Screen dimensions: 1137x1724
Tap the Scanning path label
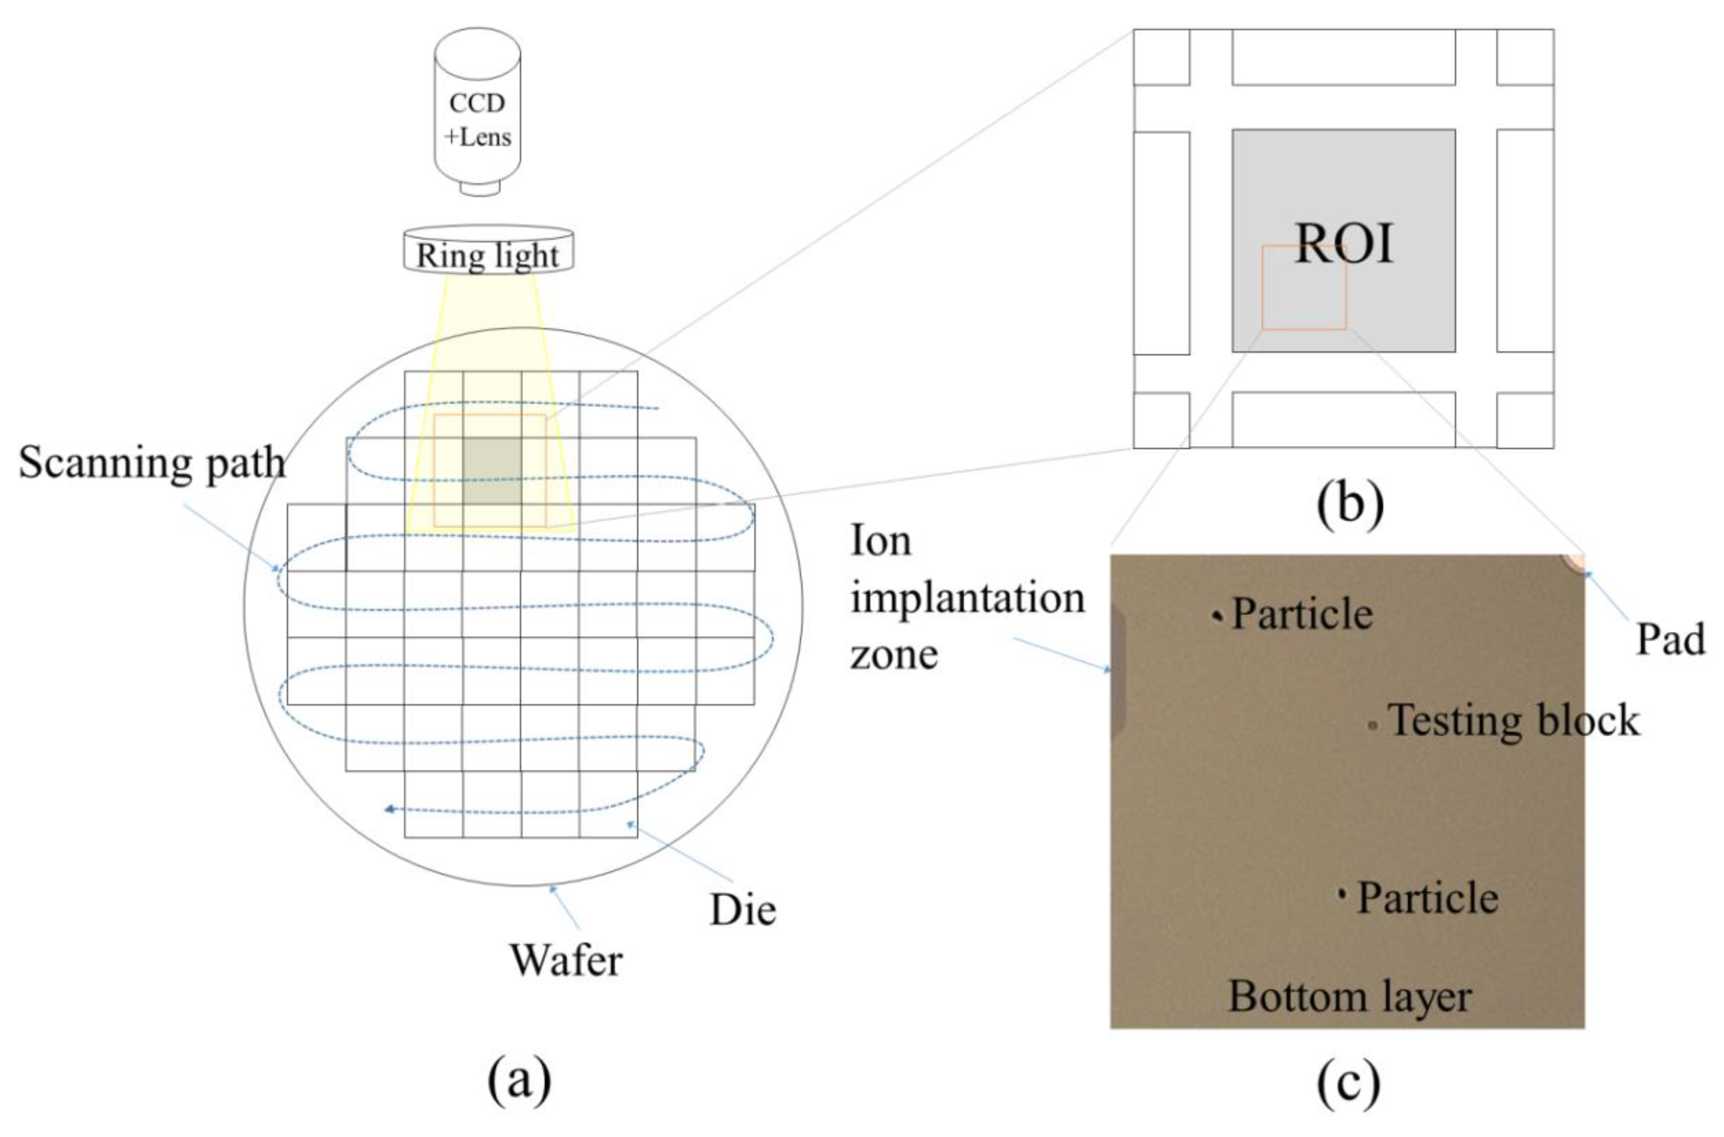pos(152,462)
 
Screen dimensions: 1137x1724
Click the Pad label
pos(1670,640)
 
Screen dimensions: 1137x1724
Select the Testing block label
pos(1514,721)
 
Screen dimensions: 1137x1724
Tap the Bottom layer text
pos(1349,996)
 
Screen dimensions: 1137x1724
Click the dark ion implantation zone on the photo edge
pos(1116,671)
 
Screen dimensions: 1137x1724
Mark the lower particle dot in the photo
pos(1342,894)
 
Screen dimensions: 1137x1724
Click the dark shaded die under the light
pos(492,471)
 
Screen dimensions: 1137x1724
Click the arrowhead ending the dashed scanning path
pos(390,809)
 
